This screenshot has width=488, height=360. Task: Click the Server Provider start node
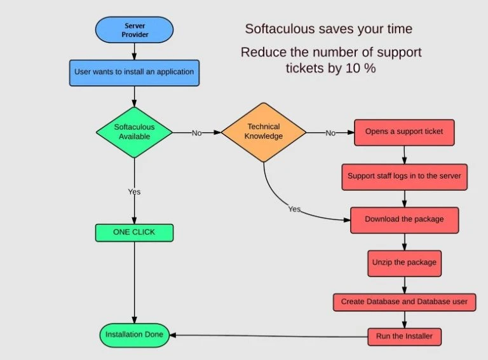tap(134, 29)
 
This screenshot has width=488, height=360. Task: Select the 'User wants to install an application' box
tap(134, 72)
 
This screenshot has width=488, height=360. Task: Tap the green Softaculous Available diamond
tap(134, 132)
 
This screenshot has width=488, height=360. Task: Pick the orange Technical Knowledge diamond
tap(264, 132)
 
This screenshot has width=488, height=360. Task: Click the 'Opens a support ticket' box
tap(404, 132)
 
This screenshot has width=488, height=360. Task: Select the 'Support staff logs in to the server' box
tap(405, 176)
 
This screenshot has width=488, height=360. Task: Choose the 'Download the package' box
tap(404, 219)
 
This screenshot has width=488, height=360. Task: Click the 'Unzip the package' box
tap(404, 261)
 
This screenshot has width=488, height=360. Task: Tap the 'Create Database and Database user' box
tap(404, 301)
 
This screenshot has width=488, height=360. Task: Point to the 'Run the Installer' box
tap(404, 335)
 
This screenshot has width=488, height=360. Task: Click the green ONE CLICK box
tap(134, 232)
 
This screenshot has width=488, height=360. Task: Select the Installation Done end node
tap(134, 335)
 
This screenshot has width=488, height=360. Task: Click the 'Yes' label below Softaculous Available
tap(134, 191)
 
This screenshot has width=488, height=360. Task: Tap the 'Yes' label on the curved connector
tap(294, 209)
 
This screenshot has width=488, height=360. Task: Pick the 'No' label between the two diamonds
tap(196, 132)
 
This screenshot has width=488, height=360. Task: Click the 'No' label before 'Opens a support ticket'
tap(330, 132)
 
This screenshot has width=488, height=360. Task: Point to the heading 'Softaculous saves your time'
tap(329, 29)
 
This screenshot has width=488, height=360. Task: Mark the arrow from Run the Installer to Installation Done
tap(267, 335)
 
